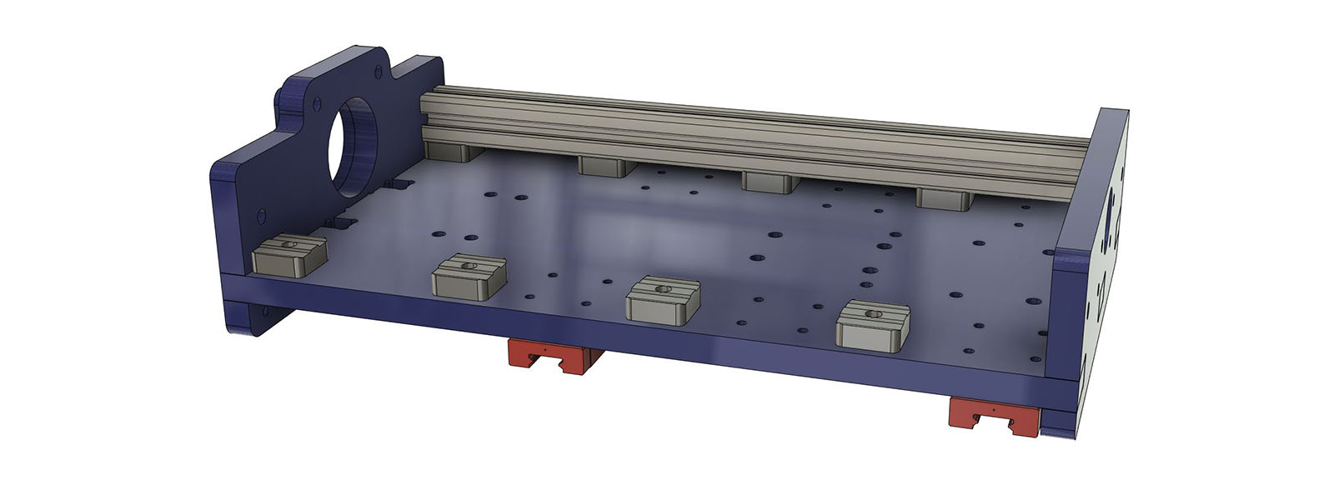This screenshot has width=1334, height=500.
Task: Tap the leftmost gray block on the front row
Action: pos(288,255)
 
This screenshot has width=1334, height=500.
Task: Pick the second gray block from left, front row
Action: pos(469,276)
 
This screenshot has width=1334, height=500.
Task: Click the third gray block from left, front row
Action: pos(663,299)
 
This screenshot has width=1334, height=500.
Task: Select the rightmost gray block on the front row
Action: pos(872,324)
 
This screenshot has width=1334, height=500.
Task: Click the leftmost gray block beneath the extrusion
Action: pos(449,151)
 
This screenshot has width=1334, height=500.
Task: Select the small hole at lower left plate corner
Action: pos(265,310)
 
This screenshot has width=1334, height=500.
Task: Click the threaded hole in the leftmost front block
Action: pos(288,245)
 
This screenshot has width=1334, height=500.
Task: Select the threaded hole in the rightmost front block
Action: pos(874,314)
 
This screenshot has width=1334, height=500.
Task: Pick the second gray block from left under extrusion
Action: pos(606,165)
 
